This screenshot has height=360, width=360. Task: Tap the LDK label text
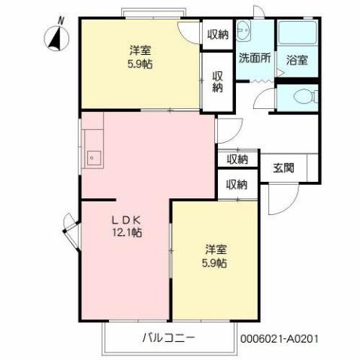click(x=126, y=219)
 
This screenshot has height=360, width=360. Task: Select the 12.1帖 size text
click(x=126, y=233)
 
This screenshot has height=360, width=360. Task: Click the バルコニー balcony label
click(x=168, y=337)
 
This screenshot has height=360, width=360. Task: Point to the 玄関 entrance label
click(x=283, y=168)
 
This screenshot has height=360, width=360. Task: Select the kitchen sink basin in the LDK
click(x=94, y=158)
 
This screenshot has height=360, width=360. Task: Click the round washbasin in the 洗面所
click(x=243, y=31)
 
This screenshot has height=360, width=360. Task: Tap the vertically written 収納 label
click(x=217, y=82)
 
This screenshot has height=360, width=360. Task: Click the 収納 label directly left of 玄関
click(x=237, y=159)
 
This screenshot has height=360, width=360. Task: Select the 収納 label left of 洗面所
click(x=217, y=34)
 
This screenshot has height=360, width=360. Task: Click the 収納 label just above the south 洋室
click(x=237, y=184)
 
